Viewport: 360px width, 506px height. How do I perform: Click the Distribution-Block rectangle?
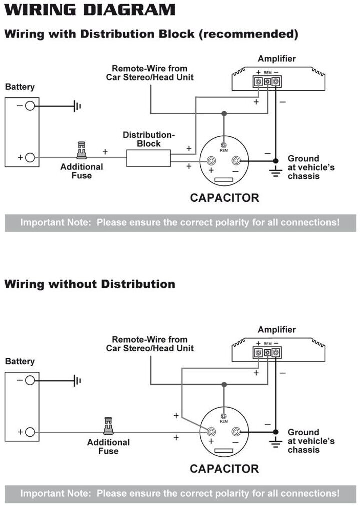[148, 158]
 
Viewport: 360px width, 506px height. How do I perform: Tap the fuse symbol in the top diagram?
[81, 150]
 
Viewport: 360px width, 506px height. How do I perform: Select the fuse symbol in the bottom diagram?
[108, 426]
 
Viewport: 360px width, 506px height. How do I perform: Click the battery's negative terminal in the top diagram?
[30, 106]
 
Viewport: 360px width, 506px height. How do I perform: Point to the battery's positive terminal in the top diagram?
[30, 157]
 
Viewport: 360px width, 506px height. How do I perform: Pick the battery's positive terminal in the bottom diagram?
[30, 432]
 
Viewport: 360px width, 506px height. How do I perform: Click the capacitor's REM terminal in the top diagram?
[223, 145]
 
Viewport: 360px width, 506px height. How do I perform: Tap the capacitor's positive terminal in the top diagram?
[211, 160]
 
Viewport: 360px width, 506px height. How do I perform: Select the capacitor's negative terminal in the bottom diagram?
[236, 431]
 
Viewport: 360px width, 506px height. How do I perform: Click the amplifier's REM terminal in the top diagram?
[267, 81]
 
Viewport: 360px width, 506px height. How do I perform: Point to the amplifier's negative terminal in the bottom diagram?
[276, 352]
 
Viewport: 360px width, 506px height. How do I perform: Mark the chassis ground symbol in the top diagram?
[275, 172]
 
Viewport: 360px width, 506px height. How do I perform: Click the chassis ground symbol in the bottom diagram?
[275, 443]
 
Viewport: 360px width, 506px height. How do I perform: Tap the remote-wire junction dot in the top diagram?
[224, 113]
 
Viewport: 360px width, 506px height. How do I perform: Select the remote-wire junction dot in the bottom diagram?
[224, 384]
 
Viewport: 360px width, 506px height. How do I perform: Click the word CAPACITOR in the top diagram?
[224, 198]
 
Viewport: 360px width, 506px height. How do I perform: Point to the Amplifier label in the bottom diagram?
[277, 330]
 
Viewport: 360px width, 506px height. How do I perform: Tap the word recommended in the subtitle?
[248, 34]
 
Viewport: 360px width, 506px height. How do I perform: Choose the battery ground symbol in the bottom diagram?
[77, 380]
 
